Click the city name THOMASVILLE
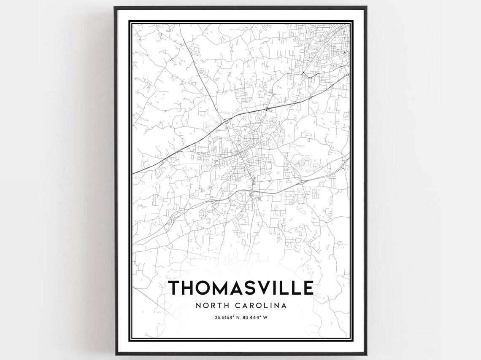(x=241, y=287)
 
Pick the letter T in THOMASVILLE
(x=175, y=287)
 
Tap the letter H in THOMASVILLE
(x=189, y=287)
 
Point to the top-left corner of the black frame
(x=115, y=7)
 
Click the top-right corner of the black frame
(x=366, y=7)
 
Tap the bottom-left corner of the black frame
(x=115, y=355)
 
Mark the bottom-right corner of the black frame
(x=366, y=355)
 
